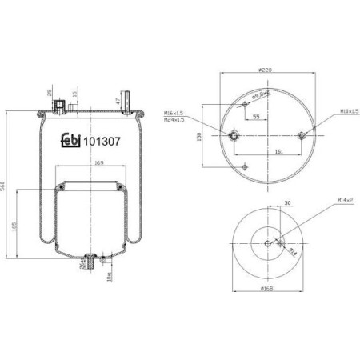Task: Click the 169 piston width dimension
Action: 89,164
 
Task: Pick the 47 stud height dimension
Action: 116,101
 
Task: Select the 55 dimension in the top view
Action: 254,117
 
